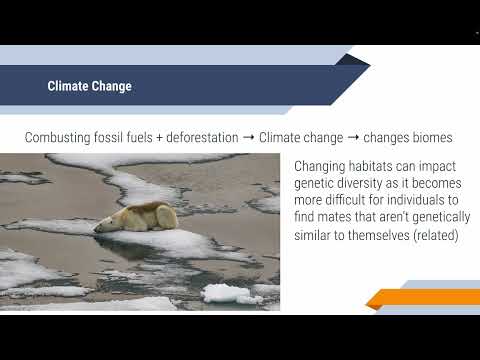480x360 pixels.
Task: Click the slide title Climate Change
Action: [89, 86]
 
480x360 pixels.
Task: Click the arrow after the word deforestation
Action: [247, 135]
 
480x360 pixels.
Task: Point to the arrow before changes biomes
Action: [357, 135]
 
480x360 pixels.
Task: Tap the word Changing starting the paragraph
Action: [324, 166]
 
